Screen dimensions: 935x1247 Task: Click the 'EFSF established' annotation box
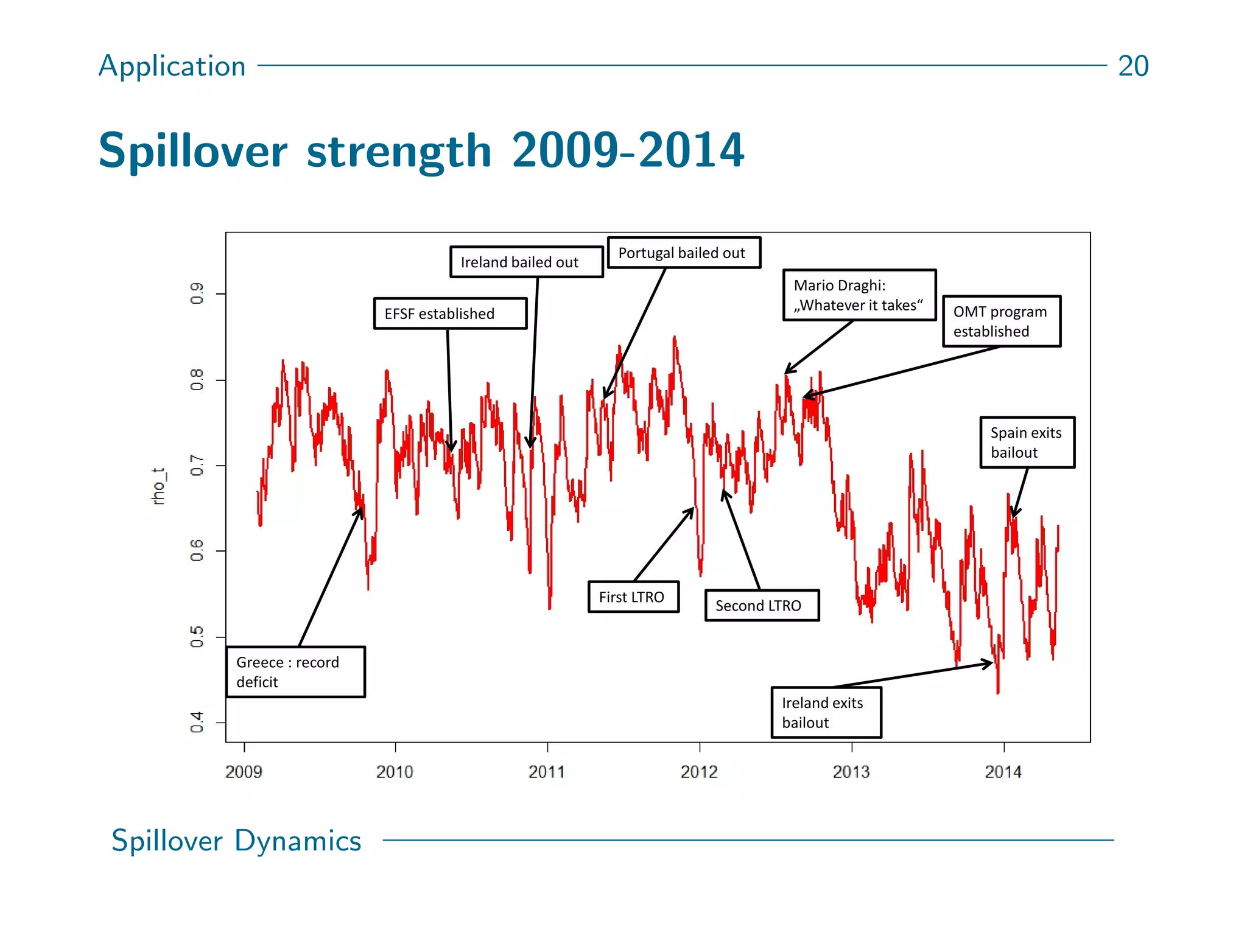[450, 313]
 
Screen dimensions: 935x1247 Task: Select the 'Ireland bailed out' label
[526, 262]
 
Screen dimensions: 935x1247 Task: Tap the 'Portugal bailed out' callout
[684, 253]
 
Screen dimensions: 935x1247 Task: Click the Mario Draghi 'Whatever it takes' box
[859, 295]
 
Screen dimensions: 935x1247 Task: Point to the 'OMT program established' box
[1002, 321]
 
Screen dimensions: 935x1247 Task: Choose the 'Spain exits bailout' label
[1027, 443]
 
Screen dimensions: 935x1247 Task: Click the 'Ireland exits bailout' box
[826, 713]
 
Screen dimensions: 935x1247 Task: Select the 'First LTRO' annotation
[633, 597]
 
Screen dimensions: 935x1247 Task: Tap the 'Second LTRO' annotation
[762, 606]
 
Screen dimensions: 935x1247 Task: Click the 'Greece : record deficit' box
[295, 672]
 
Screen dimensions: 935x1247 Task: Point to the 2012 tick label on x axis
[699, 772]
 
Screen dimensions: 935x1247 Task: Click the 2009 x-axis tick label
[244, 772]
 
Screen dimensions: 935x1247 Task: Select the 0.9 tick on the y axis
[197, 293]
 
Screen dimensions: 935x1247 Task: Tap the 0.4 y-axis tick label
[197, 723]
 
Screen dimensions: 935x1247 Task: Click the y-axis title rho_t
[158, 487]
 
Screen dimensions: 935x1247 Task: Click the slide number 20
[1133, 66]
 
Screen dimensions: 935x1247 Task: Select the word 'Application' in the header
[172, 66]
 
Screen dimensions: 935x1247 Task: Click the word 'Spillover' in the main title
[192, 150]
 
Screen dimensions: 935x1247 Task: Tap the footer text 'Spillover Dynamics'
[236, 841]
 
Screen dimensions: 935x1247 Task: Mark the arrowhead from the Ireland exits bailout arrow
[990, 663]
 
